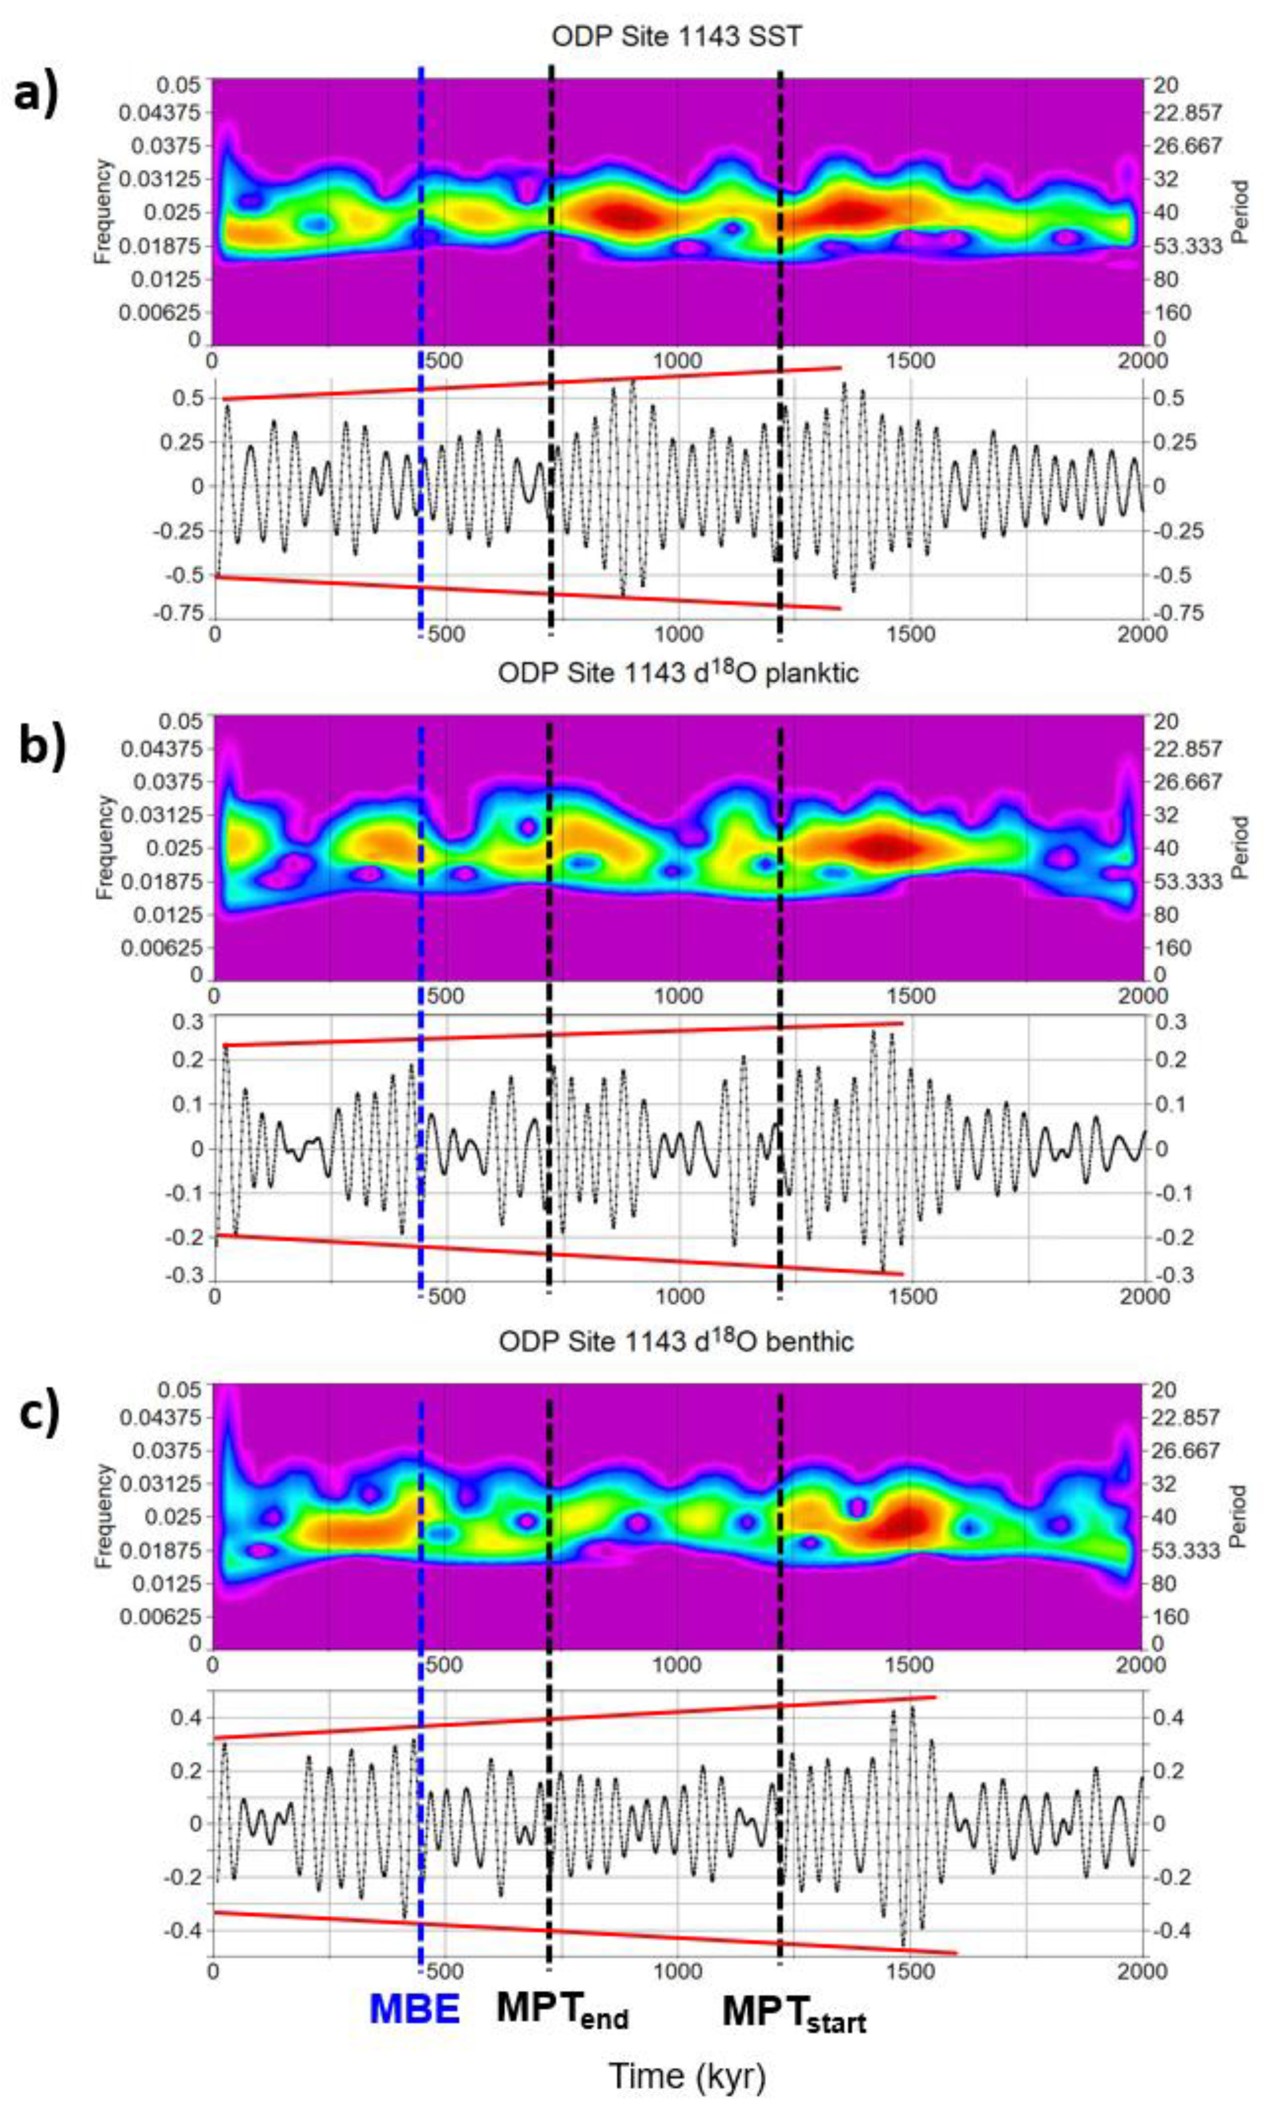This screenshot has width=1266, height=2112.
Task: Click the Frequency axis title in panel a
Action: pos(103,211)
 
